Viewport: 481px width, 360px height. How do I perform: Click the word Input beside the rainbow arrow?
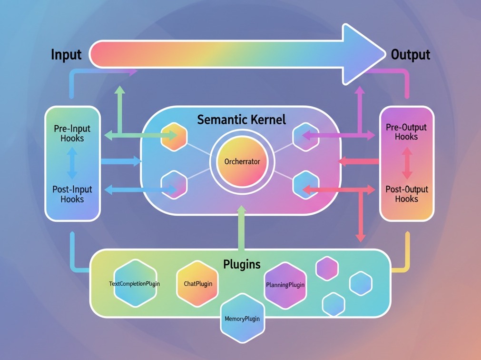[x=66, y=55]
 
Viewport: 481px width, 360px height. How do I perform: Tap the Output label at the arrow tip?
[x=410, y=55]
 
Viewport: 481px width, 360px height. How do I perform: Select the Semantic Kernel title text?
[x=241, y=120]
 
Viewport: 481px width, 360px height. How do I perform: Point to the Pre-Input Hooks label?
[x=72, y=133]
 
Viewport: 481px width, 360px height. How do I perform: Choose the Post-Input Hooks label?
[x=72, y=194]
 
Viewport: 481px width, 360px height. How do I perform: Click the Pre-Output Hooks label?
[x=406, y=132]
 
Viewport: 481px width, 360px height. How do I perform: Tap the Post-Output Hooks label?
[x=406, y=194]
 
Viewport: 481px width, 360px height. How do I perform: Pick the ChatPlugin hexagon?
[x=198, y=283]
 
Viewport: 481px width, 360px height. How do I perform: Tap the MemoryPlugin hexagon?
[x=242, y=318]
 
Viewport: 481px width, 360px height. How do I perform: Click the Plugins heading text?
[x=242, y=263]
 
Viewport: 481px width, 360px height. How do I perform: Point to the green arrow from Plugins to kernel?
[x=242, y=229]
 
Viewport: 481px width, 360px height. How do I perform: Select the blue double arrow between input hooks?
[x=72, y=163]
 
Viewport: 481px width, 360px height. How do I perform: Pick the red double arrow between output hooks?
[x=406, y=163]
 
